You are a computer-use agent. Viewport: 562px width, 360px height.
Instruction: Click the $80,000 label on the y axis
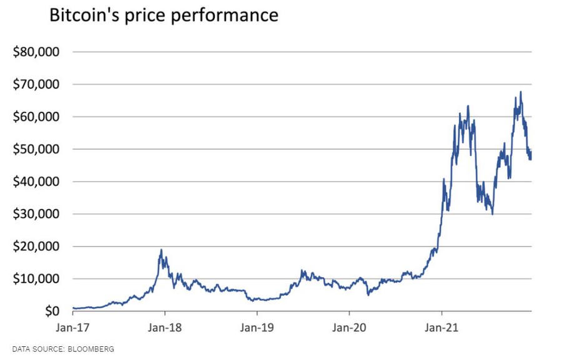point(36,52)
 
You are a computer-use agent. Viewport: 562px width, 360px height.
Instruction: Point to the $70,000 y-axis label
point(36,84)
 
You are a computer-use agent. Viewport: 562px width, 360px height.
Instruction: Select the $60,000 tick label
point(36,117)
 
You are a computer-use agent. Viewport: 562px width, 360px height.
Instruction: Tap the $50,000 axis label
point(36,149)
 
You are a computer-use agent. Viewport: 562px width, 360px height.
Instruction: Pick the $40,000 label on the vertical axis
point(36,182)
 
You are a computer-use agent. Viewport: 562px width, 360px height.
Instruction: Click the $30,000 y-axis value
point(36,214)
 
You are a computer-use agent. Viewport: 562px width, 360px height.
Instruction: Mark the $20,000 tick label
point(36,246)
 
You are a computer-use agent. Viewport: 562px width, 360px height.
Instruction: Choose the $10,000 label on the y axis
point(36,279)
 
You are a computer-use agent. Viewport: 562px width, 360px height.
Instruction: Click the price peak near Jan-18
point(161,250)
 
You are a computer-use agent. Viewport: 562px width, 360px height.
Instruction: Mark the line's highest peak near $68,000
point(521,92)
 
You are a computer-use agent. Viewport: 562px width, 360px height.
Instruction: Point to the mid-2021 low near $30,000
point(493,214)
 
